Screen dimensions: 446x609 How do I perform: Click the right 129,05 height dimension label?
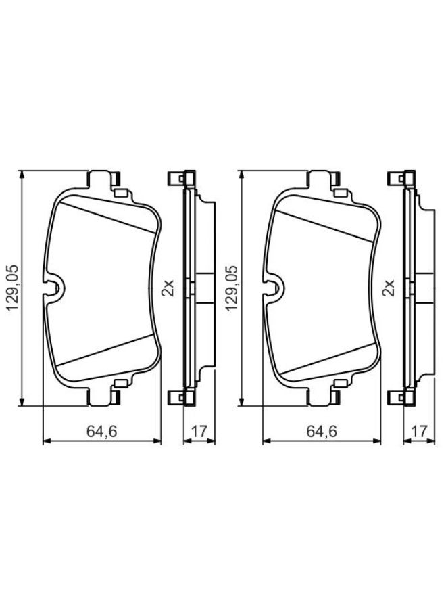click(x=232, y=288)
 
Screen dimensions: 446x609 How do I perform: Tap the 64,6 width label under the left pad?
click(x=101, y=431)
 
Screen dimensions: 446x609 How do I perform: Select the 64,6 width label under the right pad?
click(x=322, y=431)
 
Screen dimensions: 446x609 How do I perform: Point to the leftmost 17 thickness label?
click(x=199, y=431)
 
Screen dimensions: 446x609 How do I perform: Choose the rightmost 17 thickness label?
click(x=420, y=431)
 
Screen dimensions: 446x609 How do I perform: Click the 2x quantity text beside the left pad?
click(x=168, y=288)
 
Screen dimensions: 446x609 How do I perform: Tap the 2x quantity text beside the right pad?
click(x=389, y=288)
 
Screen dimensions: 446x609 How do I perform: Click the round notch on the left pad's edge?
click(x=54, y=288)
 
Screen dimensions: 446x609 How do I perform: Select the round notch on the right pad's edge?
click(x=274, y=288)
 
